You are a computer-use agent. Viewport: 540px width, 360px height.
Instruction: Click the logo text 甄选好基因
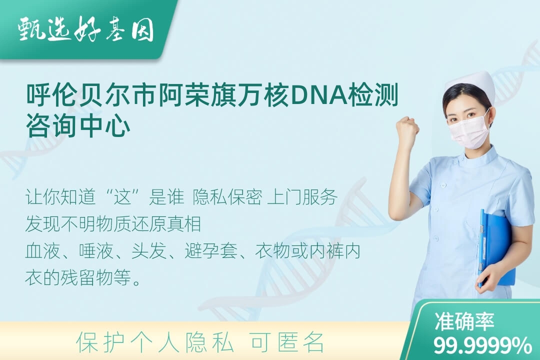point(86,29)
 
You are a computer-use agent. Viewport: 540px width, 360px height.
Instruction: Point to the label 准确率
point(464,321)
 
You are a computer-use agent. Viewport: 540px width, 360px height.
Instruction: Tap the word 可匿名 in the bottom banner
point(287,342)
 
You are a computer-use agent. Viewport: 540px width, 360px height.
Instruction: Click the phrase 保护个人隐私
point(155,342)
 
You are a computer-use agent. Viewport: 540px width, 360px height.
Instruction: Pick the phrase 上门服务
point(302,197)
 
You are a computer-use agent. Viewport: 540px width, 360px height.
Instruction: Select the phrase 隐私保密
point(227,197)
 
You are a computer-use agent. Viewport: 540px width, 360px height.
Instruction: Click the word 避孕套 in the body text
point(211,251)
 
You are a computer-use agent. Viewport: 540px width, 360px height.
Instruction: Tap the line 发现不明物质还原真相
point(113,224)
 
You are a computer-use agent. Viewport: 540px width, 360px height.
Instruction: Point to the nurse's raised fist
point(407,128)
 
